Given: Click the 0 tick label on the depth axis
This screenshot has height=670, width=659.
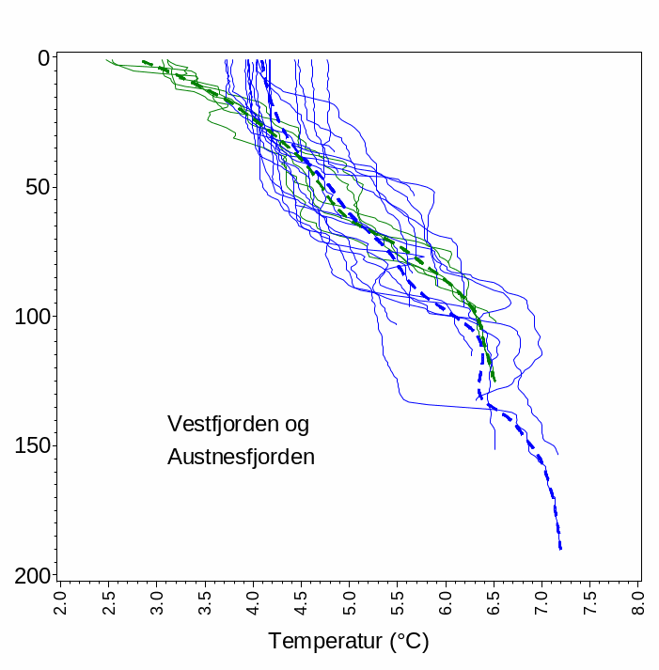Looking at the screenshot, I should pyautogui.click(x=43, y=58).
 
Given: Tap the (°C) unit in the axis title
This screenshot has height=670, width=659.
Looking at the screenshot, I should pyautogui.click(x=409, y=642).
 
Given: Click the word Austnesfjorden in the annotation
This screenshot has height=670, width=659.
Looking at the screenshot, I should pyautogui.click(x=241, y=458).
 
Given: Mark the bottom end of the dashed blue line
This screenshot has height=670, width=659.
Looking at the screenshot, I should pyautogui.click(x=560, y=549).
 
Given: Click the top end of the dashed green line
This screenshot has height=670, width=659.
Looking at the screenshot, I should pyautogui.click(x=143, y=62).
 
